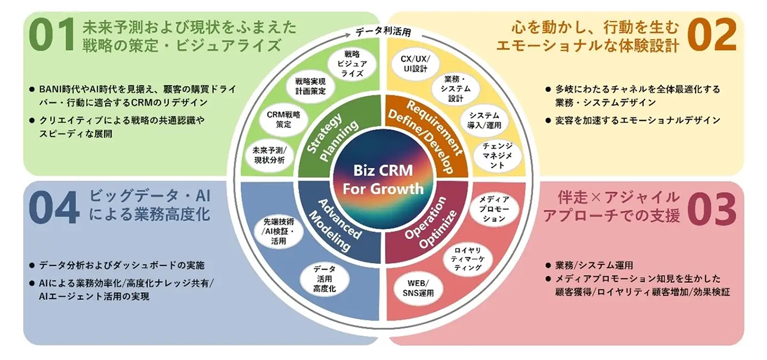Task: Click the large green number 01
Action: [x=51, y=35]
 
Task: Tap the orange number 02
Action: [x=712, y=35]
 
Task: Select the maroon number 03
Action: [x=712, y=209]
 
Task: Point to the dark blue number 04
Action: [x=54, y=208]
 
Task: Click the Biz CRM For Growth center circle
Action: [x=383, y=179]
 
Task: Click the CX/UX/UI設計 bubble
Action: [x=415, y=64]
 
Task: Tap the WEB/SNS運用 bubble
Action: [x=418, y=289]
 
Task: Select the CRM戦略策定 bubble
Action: [x=284, y=120]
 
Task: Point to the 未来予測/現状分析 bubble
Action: [x=270, y=155]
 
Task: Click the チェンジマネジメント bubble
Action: [x=497, y=156]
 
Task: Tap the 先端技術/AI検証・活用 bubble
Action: [x=278, y=231]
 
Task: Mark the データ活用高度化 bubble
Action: [x=324, y=279]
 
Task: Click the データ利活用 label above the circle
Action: [x=383, y=32]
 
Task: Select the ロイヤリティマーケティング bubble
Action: [x=468, y=259]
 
